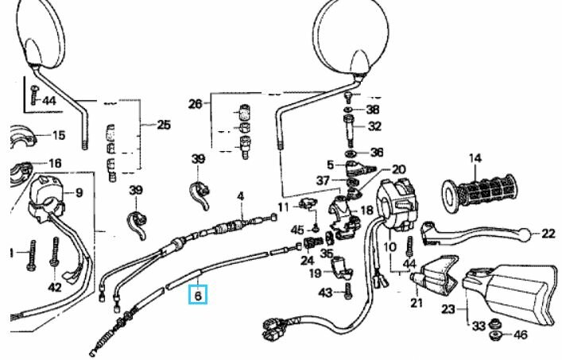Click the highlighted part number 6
click(x=198, y=295)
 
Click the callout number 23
click(x=448, y=309)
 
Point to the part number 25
click(x=164, y=125)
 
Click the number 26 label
click(x=196, y=104)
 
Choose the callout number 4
click(x=241, y=196)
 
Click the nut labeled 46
click(x=495, y=335)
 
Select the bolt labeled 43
click(x=348, y=290)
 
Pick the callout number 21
click(x=416, y=303)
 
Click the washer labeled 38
click(x=349, y=109)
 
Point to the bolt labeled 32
click(x=349, y=130)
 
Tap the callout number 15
click(x=59, y=135)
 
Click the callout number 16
click(x=55, y=164)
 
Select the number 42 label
click(x=55, y=287)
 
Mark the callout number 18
click(x=366, y=211)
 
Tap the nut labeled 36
click(x=351, y=153)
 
